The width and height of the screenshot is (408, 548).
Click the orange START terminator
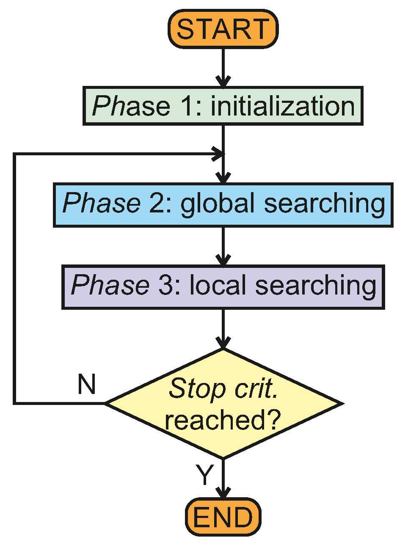point(223,29)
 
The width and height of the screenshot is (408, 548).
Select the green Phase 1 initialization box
point(223,106)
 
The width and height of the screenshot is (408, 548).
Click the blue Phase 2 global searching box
point(223,205)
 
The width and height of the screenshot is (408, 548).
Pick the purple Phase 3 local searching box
point(223,287)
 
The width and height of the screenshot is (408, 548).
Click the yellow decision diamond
point(223,404)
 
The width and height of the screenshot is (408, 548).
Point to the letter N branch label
point(87,385)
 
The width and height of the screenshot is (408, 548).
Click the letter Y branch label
point(205,475)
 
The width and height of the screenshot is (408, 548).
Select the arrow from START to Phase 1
point(223,68)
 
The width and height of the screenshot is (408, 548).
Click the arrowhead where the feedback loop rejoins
point(218,154)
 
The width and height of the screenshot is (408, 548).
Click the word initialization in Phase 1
point(282,106)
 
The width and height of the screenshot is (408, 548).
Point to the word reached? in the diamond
point(223,420)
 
